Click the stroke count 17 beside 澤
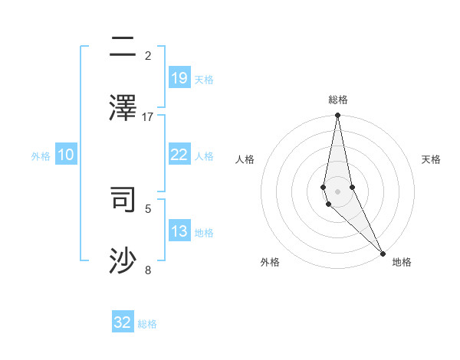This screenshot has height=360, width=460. click(x=148, y=116)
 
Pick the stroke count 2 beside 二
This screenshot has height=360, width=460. click(x=148, y=56)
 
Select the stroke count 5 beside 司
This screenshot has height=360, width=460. click(x=148, y=208)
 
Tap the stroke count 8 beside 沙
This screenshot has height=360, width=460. click(x=148, y=270)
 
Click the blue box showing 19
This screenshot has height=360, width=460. click(x=179, y=77)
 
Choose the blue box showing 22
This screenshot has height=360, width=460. click(x=179, y=155)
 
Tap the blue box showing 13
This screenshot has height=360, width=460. click(x=179, y=231)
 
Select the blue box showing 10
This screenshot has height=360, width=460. click(x=66, y=155)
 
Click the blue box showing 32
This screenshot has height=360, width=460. click(x=123, y=322)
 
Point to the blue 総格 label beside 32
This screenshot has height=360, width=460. click(x=147, y=324)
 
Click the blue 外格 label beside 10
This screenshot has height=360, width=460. click(x=41, y=156)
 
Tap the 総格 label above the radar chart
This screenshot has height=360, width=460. click(x=337, y=100)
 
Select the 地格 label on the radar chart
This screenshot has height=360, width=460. click(x=402, y=262)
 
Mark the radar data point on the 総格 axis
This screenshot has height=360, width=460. click(x=337, y=116)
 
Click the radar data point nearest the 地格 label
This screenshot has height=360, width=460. click(x=383, y=253)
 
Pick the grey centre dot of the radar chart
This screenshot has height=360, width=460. click(x=337, y=191)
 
